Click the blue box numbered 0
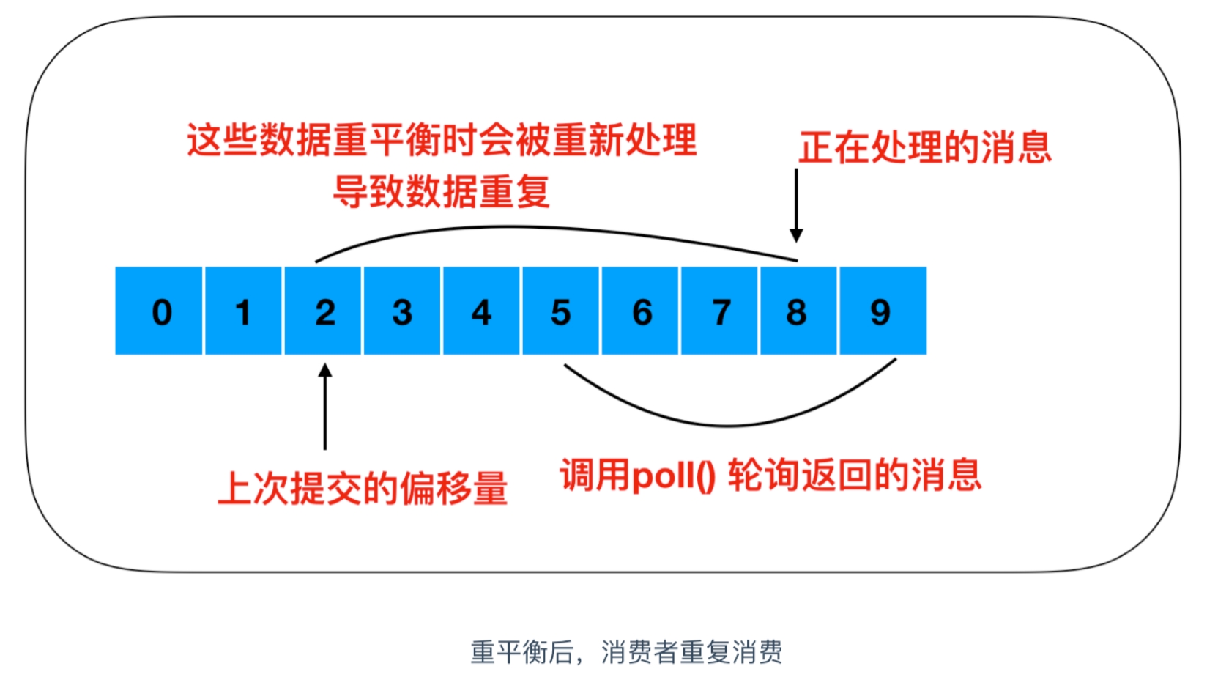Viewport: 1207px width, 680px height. coord(159,311)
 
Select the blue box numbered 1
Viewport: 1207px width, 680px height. coord(244,311)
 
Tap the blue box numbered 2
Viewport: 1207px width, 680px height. coord(323,311)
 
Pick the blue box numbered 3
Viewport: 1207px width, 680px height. coord(402,311)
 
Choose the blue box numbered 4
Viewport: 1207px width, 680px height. coord(481,311)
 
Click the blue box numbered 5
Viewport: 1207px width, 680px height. coord(560,311)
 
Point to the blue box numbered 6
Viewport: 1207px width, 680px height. coord(640,311)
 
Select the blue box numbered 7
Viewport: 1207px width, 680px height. coord(719,311)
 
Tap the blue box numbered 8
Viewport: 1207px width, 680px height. coord(798,311)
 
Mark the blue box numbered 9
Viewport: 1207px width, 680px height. coord(883,311)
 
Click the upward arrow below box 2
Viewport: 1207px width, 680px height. coord(325,407)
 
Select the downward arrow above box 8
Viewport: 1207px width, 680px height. coord(796,205)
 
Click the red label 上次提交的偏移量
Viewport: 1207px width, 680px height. coord(363,488)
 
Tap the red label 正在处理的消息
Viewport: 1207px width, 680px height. coord(924,147)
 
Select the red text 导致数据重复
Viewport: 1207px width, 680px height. coord(442,192)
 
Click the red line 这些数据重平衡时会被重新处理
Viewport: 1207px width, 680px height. coord(442,140)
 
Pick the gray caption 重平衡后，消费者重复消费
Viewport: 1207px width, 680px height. coord(626,652)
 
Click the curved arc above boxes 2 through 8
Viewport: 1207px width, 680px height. coord(539,228)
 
